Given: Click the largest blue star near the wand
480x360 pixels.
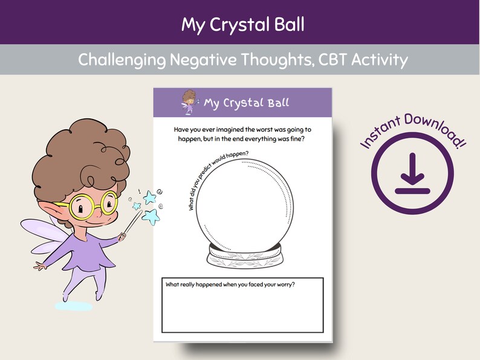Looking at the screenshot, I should point(151,216).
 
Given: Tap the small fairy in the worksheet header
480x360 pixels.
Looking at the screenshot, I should point(189,101).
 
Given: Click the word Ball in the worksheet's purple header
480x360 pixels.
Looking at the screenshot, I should point(274,103).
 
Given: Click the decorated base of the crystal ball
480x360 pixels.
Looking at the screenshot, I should point(245,257).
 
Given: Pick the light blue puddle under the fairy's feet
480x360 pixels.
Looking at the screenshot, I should point(74,306).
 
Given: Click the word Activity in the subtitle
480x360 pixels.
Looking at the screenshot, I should point(380,60).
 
